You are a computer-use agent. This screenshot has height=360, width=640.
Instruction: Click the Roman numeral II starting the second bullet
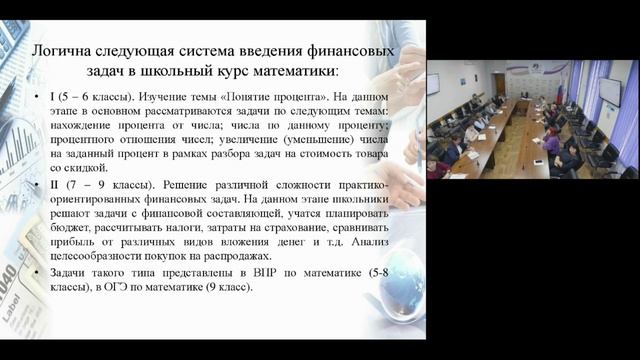[x=53, y=188]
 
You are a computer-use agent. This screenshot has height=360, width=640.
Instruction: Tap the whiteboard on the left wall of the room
[x=433, y=83]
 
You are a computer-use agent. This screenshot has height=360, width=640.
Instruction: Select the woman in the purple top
[x=551, y=141]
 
